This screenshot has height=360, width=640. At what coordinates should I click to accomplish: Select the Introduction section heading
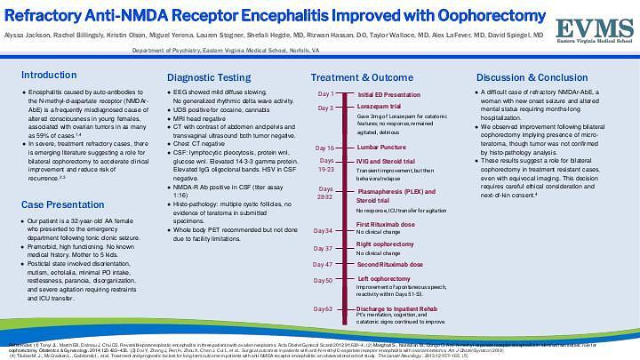[x=48, y=75]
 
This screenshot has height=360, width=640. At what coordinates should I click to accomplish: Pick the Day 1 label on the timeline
[x=325, y=93]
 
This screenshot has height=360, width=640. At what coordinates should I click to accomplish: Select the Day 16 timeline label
[x=324, y=148]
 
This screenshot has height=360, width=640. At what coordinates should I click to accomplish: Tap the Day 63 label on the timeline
[x=324, y=308]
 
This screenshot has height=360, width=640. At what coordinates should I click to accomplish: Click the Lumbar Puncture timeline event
[x=383, y=148]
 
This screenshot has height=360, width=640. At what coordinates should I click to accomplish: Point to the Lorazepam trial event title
[x=380, y=108]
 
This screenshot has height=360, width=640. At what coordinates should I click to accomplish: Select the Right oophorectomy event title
[x=385, y=243]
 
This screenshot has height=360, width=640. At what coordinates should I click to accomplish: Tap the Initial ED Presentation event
[x=390, y=93]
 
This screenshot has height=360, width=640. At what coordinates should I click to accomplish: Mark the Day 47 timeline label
[x=324, y=264]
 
